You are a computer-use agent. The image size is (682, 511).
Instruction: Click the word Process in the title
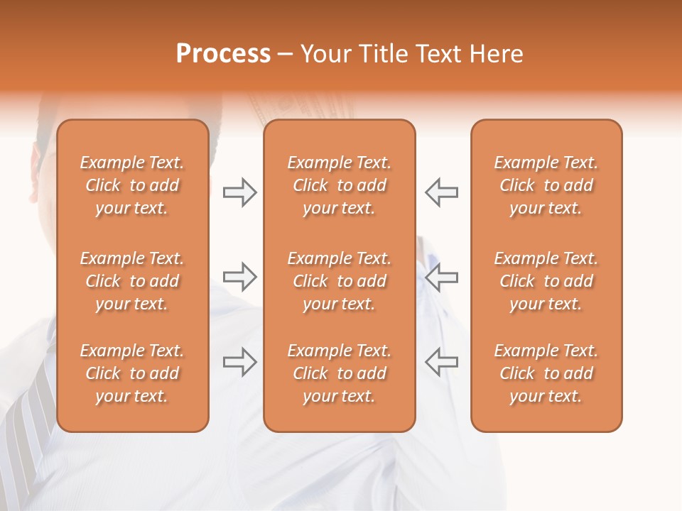point(223,54)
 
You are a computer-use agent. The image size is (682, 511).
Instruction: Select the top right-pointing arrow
point(240,192)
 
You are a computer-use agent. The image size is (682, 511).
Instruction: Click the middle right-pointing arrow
point(240,277)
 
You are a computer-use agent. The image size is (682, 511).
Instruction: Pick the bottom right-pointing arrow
point(240,362)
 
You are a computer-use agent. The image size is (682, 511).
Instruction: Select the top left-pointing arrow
point(441,192)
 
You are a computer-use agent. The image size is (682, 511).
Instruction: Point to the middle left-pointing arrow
point(441,277)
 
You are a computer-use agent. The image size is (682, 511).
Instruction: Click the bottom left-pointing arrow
point(441,362)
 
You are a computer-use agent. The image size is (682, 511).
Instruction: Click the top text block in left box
point(132,185)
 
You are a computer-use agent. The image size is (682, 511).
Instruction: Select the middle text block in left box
point(132,281)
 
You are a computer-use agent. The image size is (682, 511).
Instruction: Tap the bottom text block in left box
point(132,373)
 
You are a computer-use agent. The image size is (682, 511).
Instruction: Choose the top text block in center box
point(339,185)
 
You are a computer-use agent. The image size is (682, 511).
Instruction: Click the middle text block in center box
point(339,281)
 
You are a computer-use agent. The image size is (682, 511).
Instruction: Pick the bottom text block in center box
point(339,373)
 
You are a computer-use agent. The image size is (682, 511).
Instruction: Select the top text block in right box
point(546,185)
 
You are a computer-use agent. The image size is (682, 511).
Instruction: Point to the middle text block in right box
point(546,281)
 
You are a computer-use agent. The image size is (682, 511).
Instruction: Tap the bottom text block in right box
point(546,373)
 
